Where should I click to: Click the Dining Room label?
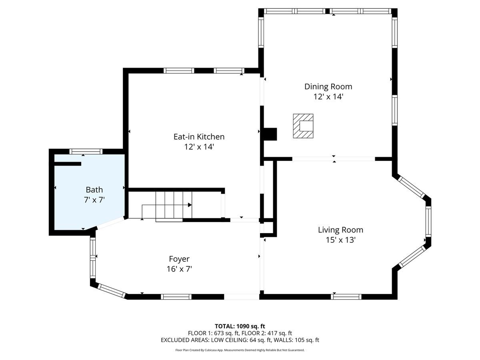328,86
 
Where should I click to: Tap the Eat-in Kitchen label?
199,137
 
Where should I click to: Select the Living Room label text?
340,230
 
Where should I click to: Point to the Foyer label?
179,259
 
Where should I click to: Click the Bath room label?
94,190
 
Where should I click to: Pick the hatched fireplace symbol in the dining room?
303,126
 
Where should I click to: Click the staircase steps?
174,205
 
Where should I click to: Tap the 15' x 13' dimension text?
340,240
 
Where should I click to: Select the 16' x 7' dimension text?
179,269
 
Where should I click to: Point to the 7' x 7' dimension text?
94,200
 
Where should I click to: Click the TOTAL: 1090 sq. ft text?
240,326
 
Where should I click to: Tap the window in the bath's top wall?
86,151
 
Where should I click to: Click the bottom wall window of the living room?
346,296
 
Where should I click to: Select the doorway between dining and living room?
334,159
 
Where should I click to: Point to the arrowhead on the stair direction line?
190,205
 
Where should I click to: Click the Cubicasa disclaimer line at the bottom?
240,350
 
